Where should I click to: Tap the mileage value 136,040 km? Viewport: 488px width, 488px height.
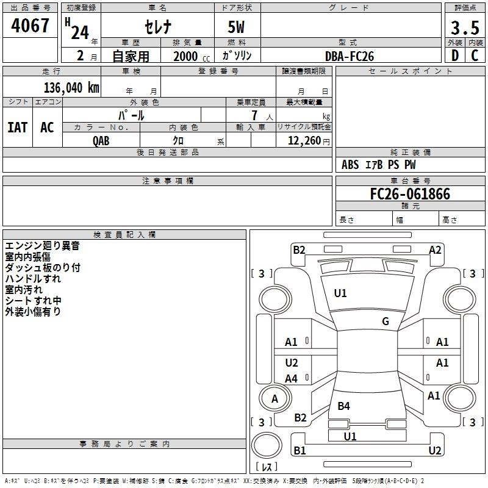pyautogui.click(x=71, y=88)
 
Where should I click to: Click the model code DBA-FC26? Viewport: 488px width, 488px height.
pyautogui.click(x=350, y=56)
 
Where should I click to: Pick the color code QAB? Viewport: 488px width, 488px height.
pyautogui.click(x=101, y=141)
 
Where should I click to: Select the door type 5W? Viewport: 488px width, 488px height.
pyautogui.click(x=237, y=28)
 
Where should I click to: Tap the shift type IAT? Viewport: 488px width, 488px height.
pyautogui.click(x=17, y=127)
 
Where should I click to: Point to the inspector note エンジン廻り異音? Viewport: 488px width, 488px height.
pyautogui.click(x=42, y=246)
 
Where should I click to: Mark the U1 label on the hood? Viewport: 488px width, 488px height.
pyautogui.click(x=340, y=293)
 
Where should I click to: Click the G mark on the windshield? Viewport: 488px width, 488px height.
pyautogui.click(x=386, y=321)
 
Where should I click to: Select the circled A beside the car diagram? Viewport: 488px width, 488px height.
pyautogui.click(x=274, y=399)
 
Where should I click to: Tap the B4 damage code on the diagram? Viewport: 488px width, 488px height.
pyautogui.click(x=344, y=406)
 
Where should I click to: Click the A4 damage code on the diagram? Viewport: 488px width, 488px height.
pyautogui.click(x=292, y=379)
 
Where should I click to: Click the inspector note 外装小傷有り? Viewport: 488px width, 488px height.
pyautogui.click(x=33, y=312)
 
